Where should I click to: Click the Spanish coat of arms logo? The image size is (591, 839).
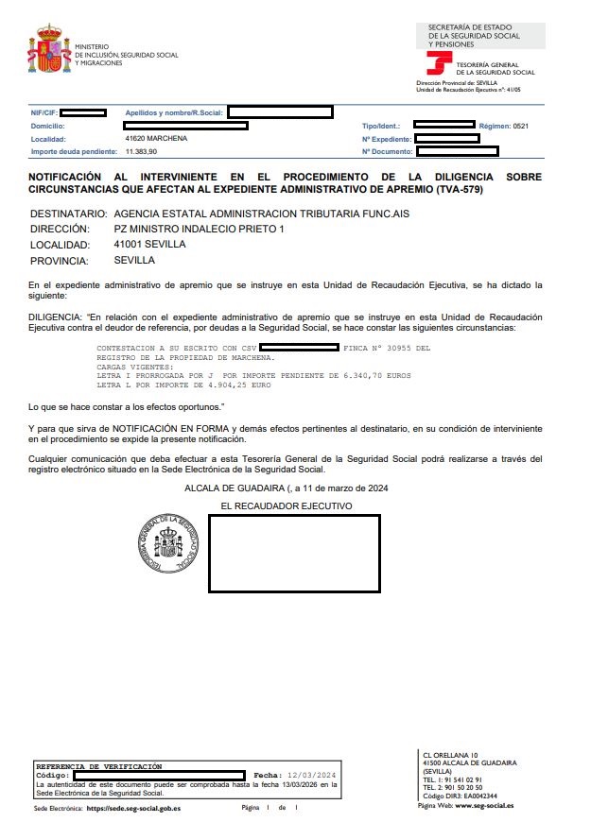point(49,49)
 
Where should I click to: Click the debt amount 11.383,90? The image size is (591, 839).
point(141,151)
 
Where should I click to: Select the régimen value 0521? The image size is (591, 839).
point(520,126)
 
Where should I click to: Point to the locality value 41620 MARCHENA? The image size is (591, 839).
point(156,138)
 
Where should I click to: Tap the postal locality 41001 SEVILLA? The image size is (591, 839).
point(149,244)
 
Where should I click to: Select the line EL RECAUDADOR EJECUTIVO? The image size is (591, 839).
point(286,506)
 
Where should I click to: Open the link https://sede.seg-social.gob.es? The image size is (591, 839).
point(133,809)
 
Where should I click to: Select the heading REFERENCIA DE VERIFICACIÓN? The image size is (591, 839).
point(98,766)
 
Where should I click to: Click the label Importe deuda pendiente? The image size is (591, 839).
point(74,151)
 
